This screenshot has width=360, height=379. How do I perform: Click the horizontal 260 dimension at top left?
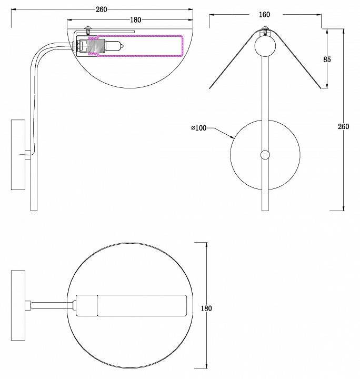[101, 9]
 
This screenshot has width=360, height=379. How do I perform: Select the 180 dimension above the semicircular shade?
[136, 20]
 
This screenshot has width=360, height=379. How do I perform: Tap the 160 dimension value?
[264, 15]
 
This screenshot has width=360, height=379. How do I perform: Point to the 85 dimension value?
[327, 59]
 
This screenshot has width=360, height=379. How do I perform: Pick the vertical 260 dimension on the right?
[343, 126]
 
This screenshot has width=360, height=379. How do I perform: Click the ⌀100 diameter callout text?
[199, 127]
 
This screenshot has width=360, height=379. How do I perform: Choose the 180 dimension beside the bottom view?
[206, 308]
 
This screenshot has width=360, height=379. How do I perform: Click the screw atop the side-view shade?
[88, 31]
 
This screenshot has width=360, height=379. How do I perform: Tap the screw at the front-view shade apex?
[265, 31]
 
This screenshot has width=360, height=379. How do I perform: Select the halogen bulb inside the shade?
[115, 46]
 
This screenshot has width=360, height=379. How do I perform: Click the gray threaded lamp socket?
[96, 46]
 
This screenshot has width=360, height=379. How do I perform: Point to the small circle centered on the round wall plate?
[265, 155]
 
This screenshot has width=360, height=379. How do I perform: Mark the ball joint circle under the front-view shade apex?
[265, 46]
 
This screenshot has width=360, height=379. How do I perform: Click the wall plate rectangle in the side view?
[18, 155]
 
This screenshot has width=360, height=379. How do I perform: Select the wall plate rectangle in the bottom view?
[18, 305]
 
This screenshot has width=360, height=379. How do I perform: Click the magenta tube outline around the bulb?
[136, 46]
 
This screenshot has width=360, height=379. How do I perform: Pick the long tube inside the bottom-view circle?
[142, 305]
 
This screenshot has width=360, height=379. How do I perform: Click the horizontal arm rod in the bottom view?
[52, 305]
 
